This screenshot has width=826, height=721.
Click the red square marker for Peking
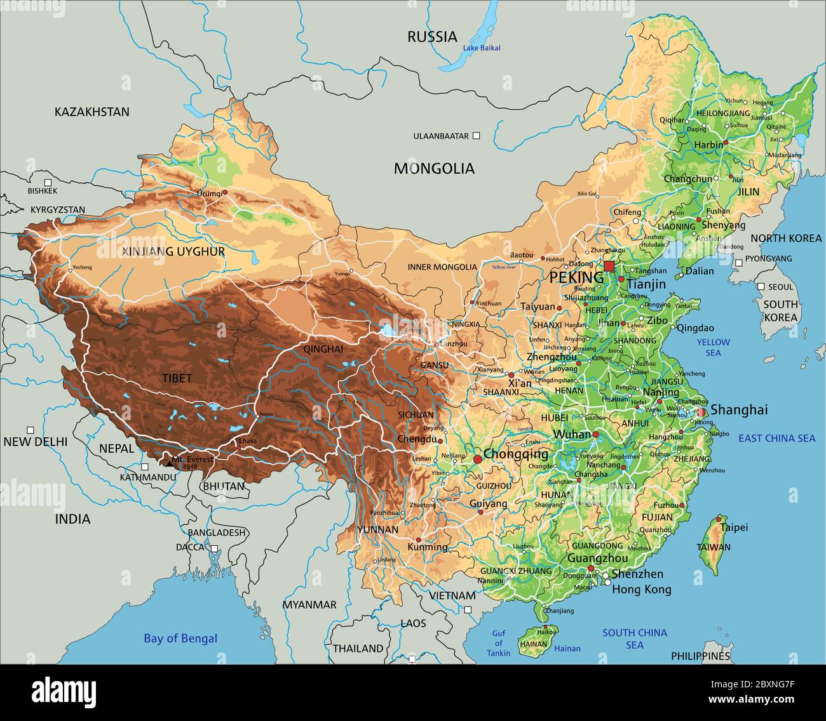(609, 266)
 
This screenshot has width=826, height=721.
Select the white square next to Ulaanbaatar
(477, 136)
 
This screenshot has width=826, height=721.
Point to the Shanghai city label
(739, 410)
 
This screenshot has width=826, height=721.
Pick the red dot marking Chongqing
(477, 458)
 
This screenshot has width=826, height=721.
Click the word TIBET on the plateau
(177, 378)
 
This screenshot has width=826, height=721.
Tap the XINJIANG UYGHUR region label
(173, 252)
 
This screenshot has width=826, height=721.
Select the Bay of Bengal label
(180, 638)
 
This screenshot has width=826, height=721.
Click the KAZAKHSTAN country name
(91, 112)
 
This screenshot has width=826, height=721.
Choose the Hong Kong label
(641, 590)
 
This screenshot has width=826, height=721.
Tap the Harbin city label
(708, 145)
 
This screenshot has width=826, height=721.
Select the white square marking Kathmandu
(145, 466)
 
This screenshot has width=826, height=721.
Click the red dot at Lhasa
(239, 448)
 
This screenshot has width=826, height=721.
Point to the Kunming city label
(427, 546)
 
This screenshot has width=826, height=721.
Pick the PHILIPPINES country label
(700, 656)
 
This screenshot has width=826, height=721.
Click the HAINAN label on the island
(534, 644)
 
